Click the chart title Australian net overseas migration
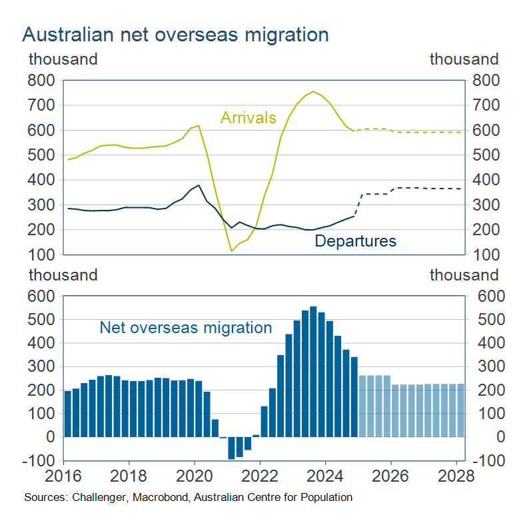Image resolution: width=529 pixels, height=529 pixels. click(175, 35)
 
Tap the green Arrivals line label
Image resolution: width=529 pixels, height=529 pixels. click(248, 118)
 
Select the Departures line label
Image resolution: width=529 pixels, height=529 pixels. click(355, 241)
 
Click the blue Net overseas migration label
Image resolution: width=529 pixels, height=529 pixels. click(186, 328)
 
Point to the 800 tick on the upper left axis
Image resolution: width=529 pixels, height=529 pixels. click(41, 81)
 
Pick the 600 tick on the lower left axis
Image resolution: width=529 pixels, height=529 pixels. click(41, 296)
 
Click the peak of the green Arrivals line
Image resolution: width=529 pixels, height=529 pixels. click(313, 91)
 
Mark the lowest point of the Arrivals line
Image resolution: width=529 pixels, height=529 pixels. click(231, 251)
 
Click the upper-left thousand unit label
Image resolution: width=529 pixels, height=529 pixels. click(63, 59)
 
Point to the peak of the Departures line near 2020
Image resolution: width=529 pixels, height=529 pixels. click(199, 185)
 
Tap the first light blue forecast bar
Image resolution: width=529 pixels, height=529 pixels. click(362, 406)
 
